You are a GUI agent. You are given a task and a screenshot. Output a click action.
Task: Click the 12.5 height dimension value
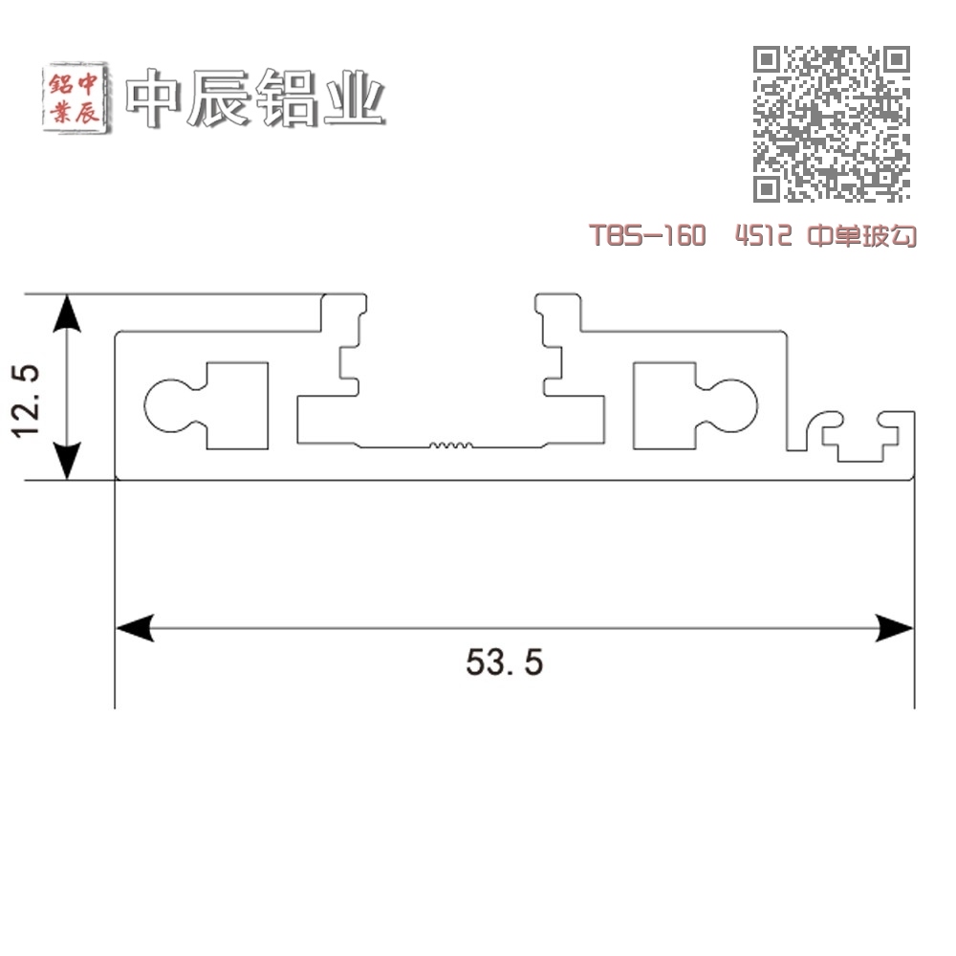pos(26,400)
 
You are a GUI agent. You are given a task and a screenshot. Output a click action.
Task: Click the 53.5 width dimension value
pos(504,663)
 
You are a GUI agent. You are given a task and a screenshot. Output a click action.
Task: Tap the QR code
pos(832,123)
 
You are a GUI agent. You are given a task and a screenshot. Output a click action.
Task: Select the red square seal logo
pos(76,97)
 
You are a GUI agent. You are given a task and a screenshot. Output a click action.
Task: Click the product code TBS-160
pos(647,235)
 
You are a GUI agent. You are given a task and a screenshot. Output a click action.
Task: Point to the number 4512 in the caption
pos(764,235)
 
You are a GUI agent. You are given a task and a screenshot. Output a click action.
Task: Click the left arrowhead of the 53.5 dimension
pos(135,628)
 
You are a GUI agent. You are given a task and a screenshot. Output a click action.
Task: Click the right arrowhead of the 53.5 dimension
pos(895,628)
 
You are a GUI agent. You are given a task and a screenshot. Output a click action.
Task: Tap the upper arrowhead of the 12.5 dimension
pos(67,314)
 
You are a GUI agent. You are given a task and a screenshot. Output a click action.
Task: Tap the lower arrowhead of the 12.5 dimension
pos(67,461)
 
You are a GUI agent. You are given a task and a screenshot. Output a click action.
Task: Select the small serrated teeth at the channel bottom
pos(450,445)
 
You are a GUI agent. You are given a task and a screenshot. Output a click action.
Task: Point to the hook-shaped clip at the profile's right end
pos(859,436)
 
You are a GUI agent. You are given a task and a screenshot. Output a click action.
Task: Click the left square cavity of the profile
pos(237,406)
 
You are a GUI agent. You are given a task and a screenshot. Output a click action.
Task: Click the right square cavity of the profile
pos(664,406)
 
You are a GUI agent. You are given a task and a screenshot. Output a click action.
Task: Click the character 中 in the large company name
pos(154,98)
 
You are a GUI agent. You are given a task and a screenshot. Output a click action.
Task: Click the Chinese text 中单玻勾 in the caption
pos(862,235)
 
